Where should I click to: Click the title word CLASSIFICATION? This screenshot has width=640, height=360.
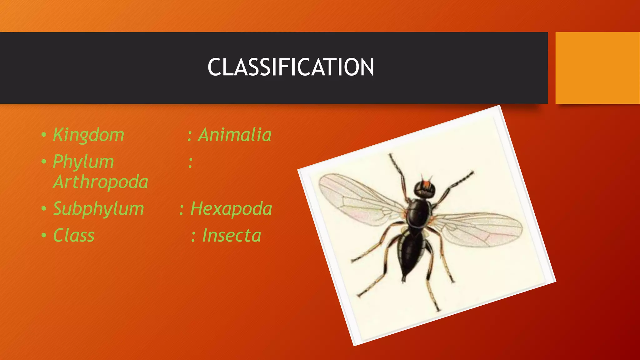pyautogui.click(x=291, y=67)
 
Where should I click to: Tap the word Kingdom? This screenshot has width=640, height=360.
pyautogui.click(x=89, y=135)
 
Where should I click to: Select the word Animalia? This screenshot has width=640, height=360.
pyautogui.click(x=235, y=135)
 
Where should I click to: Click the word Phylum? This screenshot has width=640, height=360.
pyautogui.click(x=83, y=162)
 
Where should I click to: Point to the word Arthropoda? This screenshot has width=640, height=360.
pyautogui.click(x=101, y=182)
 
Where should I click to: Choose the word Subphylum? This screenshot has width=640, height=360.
pyautogui.click(x=98, y=208)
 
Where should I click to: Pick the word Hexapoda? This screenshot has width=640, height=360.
pyautogui.click(x=231, y=208)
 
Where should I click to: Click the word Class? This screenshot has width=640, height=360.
pyautogui.click(x=74, y=235)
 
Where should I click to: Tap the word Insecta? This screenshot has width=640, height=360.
pyautogui.click(x=232, y=235)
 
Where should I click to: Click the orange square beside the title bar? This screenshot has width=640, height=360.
pyautogui.click(x=597, y=67)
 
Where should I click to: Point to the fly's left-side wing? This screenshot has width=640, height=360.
pyautogui.click(x=359, y=200)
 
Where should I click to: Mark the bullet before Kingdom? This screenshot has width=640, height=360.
pyautogui.click(x=44, y=135)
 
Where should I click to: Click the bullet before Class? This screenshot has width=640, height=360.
pyautogui.click(x=44, y=236)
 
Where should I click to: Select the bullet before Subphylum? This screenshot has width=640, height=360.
pyautogui.click(x=44, y=209)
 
